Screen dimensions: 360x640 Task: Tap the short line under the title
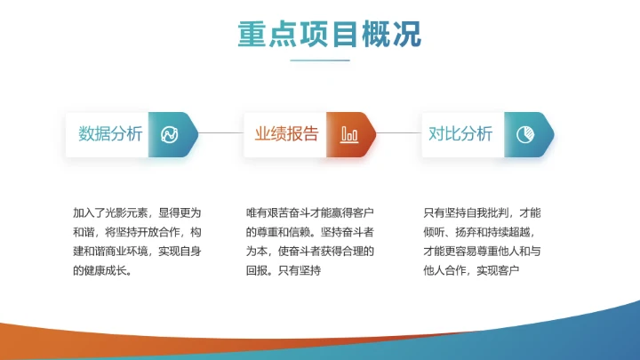[320, 60]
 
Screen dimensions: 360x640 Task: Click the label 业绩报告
[286, 134]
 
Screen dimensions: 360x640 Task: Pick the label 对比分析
[460, 134]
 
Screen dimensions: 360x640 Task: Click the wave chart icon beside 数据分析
[169, 135]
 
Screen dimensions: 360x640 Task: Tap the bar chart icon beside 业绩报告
[348, 135]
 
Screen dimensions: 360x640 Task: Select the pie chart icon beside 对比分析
[524, 135]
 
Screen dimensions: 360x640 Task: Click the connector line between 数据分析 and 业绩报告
[220, 134]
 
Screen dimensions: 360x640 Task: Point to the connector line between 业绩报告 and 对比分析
[397, 134]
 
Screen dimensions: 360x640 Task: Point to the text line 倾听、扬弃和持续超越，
[483, 232]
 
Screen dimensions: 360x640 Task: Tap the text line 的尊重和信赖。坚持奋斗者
[310, 232]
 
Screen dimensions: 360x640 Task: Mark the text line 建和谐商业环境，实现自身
[137, 251]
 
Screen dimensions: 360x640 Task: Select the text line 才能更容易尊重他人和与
[483, 251]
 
